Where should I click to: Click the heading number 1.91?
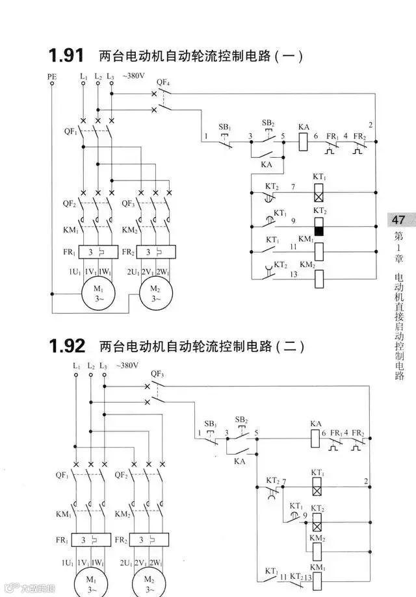pyautogui.click(x=66, y=55)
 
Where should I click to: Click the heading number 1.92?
pyautogui.click(x=67, y=345)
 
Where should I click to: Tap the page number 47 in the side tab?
pyautogui.click(x=398, y=220)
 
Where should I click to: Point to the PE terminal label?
pyautogui.click(x=52, y=77)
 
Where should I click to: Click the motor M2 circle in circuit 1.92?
pyautogui.click(x=149, y=581)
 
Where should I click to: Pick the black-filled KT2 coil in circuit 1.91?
pyautogui.click(x=319, y=227)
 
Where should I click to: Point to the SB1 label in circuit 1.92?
pyautogui.click(x=211, y=423)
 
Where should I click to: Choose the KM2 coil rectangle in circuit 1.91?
pyautogui.click(x=319, y=278)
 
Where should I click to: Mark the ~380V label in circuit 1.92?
pyautogui.click(x=127, y=366)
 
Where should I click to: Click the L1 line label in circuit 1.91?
pyautogui.click(x=84, y=77)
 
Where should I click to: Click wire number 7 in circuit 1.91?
pyautogui.click(x=293, y=187)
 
